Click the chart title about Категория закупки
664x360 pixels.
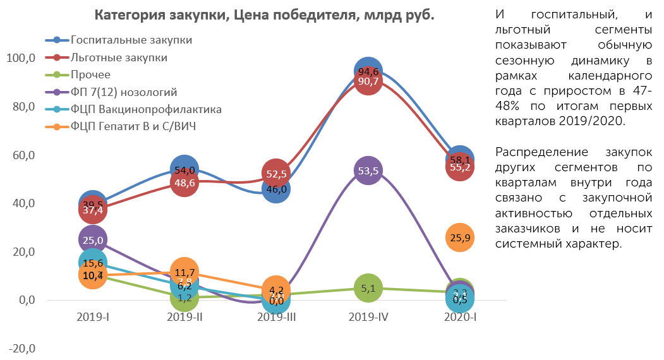click(x=264, y=15)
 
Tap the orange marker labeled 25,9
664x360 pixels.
click(x=459, y=237)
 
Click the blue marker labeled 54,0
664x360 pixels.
click(x=184, y=169)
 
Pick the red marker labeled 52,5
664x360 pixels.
click(x=275, y=172)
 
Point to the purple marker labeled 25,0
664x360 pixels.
click(x=93, y=239)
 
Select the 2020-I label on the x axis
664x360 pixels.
click(x=459, y=317)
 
